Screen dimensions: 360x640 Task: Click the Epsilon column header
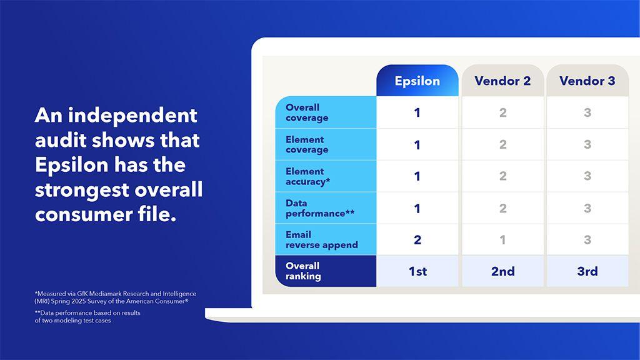click(417, 81)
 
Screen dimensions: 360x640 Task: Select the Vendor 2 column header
click(502, 81)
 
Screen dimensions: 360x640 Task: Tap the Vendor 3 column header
click(587, 81)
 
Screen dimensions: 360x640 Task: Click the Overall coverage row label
click(307, 112)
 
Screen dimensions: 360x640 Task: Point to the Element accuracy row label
click(308, 176)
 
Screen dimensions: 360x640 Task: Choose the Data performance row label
click(319, 208)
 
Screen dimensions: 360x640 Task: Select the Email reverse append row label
click(321, 240)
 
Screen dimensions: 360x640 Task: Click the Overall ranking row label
click(303, 271)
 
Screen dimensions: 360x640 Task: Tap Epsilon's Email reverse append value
click(417, 240)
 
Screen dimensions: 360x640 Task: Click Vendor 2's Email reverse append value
click(502, 240)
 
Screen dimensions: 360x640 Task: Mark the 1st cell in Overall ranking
click(417, 271)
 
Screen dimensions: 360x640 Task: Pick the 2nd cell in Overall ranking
click(502, 271)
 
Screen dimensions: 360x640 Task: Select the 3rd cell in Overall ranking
click(587, 271)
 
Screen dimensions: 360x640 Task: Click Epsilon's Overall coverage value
click(417, 113)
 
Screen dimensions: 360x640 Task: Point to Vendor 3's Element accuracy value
click(587, 176)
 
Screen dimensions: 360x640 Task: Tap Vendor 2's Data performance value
click(502, 208)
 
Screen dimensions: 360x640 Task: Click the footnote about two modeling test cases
click(87, 317)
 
